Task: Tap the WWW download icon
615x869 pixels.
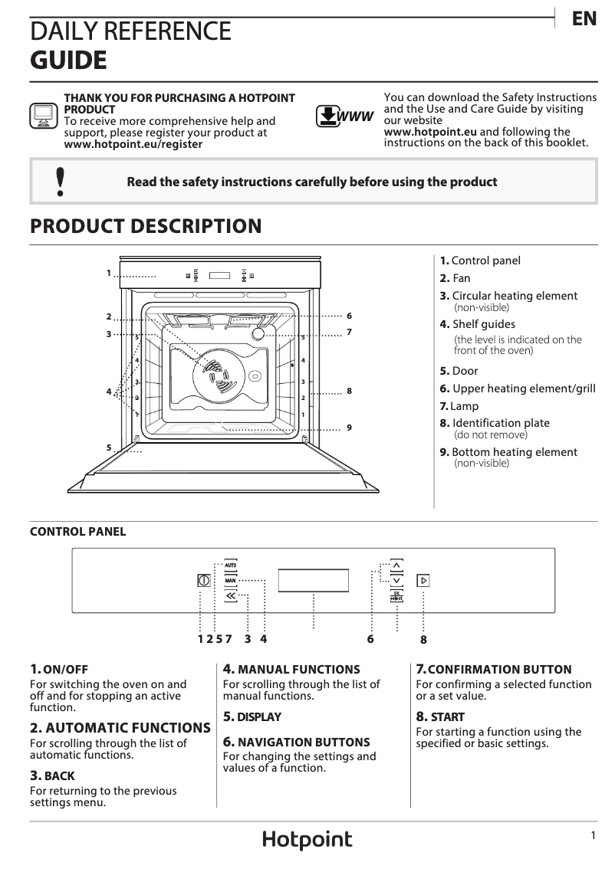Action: [344, 116]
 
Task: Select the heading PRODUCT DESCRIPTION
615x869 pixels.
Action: [146, 227]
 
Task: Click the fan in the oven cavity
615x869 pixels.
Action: [217, 377]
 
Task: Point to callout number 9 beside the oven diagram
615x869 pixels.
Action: [349, 427]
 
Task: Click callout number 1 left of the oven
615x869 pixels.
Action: [109, 272]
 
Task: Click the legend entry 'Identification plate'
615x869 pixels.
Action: [500, 423]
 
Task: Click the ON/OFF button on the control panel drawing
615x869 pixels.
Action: [203, 580]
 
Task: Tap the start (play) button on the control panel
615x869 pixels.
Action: [423, 580]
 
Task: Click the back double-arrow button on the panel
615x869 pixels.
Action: [231, 595]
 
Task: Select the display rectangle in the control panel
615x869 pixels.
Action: [314, 580]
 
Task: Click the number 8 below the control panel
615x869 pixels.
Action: [423, 639]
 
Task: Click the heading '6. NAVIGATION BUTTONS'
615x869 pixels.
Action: [296, 742]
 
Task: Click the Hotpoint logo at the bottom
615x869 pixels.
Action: [307, 840]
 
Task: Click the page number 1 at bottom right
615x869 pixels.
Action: [593, 837]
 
